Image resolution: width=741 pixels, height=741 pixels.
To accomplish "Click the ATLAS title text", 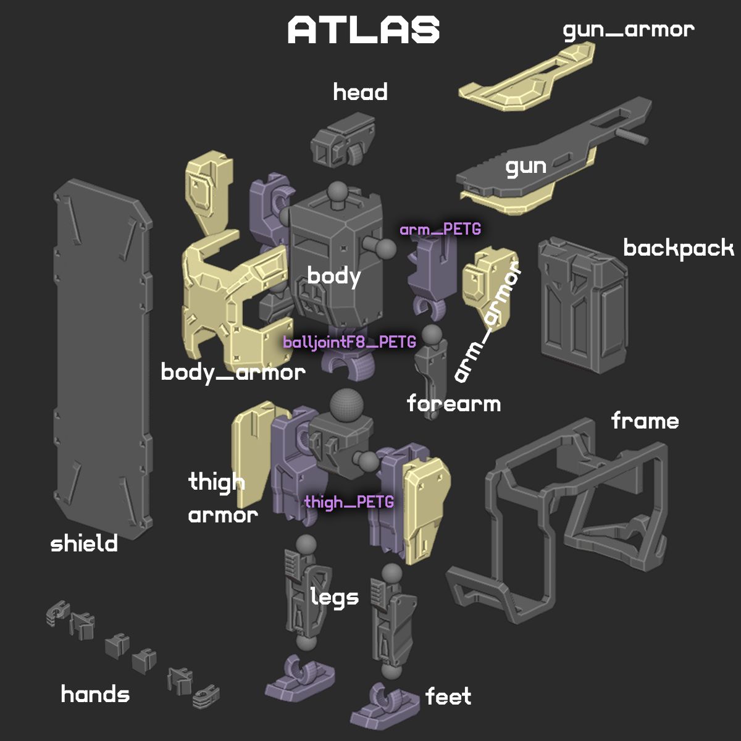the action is click(363, 30).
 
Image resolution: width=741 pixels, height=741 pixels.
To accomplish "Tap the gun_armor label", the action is click(629, 31).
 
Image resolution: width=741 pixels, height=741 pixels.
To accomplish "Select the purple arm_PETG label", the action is click(440, 230).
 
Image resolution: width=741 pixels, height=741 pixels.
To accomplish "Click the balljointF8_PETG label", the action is click(350, 342).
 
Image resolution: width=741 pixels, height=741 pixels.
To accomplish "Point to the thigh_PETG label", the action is click(349, 502).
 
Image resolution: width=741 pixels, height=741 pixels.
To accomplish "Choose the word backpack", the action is click(679, 248).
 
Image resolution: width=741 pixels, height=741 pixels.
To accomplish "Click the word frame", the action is click(645, 421).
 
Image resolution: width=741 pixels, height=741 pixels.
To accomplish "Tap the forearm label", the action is click(454, 403).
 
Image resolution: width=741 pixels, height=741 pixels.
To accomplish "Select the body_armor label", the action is click(233, 372).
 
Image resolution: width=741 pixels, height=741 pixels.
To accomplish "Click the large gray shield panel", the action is click(103, 359).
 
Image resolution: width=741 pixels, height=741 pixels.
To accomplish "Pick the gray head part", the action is click(342, 139).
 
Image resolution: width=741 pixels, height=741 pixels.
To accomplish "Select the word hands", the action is click(95, 694).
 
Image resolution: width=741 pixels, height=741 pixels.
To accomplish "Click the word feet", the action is click(448, 696).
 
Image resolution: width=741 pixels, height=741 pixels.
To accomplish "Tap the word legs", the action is click(335, 597).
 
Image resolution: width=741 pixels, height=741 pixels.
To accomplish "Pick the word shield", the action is click(84, 543).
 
